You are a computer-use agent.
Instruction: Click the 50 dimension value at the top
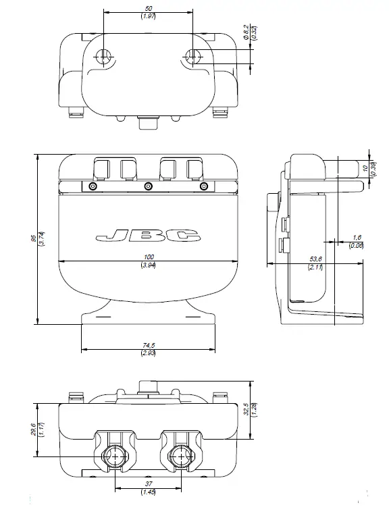click(149, 8)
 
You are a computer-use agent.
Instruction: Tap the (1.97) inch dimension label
click(149, 16)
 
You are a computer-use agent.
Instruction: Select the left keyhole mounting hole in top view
click(104, 57)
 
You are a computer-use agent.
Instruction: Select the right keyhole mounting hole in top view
click(192, 57)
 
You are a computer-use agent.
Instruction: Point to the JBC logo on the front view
click(149, 236)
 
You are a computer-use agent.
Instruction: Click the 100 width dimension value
click(149, 257)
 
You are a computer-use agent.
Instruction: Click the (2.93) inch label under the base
click(149, 352)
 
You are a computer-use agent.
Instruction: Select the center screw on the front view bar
click(149, 186)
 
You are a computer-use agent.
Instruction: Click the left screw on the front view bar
click(93, 186)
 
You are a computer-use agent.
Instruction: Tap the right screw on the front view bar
click(203, 186)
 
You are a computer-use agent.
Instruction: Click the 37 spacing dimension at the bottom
click(149, 484)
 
